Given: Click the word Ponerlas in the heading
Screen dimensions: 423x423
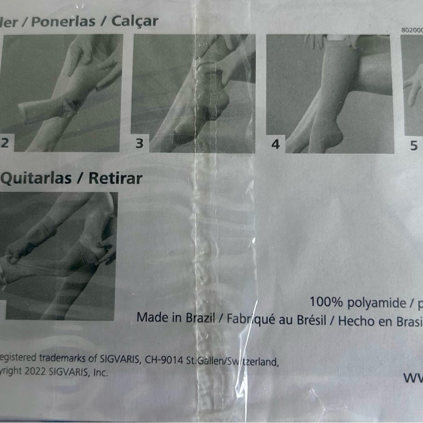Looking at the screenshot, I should click(x=63, y=22).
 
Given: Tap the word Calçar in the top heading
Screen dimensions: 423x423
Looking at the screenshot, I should click(x=135, y=21).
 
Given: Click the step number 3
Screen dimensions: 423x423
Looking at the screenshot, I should click(x=140, y=143).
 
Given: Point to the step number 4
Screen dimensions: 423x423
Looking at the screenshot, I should click(x=275, y=144).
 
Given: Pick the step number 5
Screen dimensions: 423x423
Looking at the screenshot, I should click(x=414, y=146).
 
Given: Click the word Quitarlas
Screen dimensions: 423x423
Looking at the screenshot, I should click(x=36, y=178).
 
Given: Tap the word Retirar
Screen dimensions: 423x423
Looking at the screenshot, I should click(x=115, y=178).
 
